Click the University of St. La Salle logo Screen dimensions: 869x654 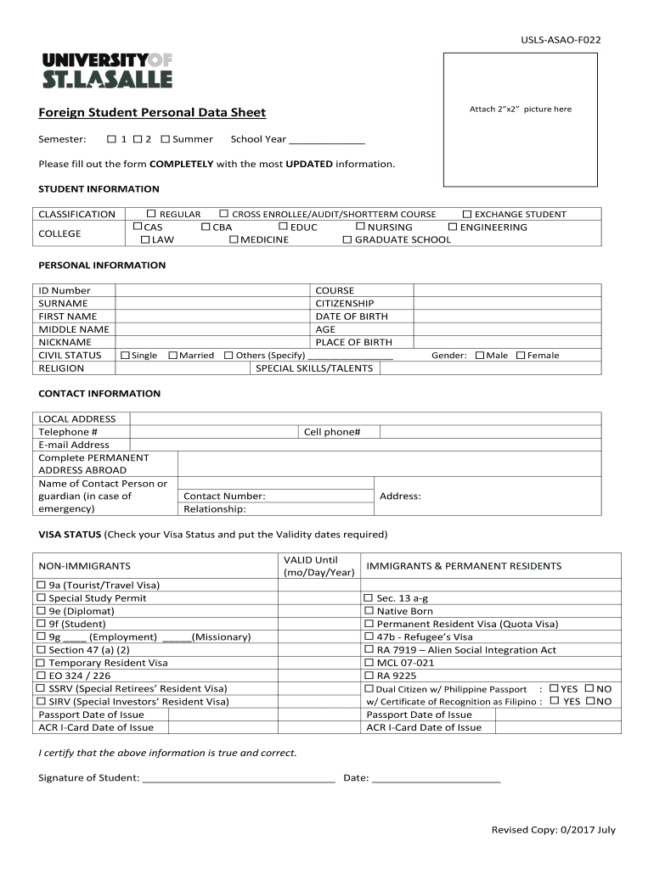tap(107, 70)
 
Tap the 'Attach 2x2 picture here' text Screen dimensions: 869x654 tap(521, 109)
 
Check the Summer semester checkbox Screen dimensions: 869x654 tap(166, 139)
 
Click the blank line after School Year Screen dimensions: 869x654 tap(327, 140)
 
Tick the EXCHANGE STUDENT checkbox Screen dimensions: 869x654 tap(466, 215)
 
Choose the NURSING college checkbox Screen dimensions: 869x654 tap(360, 227)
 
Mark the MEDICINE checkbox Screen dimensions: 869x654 tap(234, 240)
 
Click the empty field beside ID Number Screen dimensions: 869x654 tap(212, 291)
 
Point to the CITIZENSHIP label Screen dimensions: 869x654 tap(344, 304)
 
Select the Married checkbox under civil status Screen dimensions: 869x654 tap(172, 356)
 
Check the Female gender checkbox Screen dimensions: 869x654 tap(521, 356)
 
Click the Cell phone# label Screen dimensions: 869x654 tap(332, 432)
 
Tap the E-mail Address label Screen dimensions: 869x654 tap(74, 445)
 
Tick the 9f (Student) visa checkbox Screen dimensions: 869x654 tap(41, 625)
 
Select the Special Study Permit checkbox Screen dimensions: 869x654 tap(41, 598)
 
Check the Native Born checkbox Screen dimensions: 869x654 tap(369, 611)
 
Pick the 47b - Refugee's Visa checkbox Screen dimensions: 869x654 tap(369, 637)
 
